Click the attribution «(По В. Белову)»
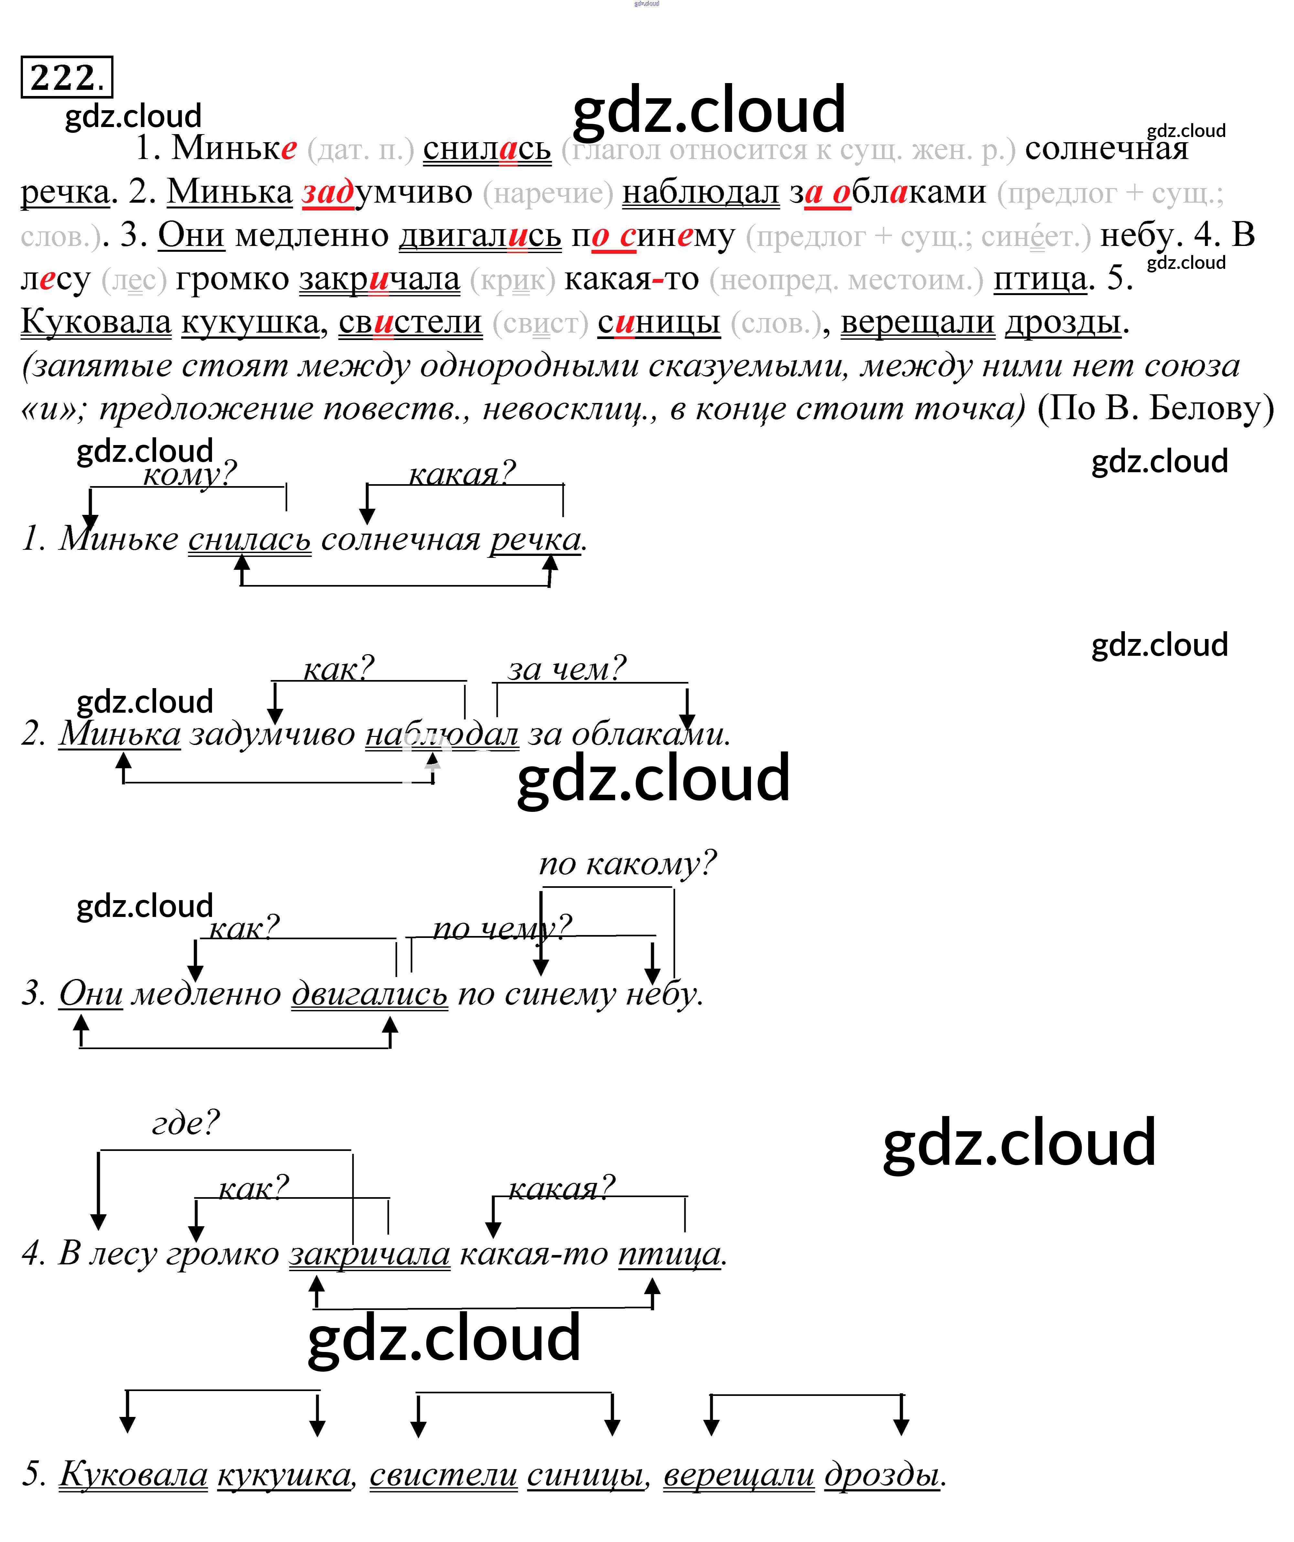pyautogui.click(x=1155, y=408)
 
